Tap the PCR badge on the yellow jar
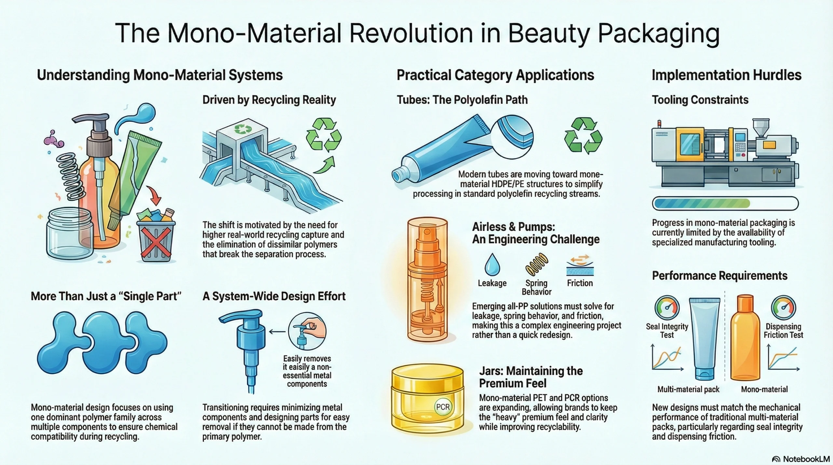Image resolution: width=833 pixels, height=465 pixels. tap(443, 407)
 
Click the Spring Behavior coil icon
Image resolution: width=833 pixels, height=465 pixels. tap(537, 265)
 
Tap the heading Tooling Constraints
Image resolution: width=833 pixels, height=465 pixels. tap(700, 100)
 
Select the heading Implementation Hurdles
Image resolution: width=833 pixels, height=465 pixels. tap(726, 75)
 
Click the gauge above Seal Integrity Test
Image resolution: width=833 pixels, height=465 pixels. tap(667, 308)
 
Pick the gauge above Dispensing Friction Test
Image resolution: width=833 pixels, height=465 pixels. tap(784, 308)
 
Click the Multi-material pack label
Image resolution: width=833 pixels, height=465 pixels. tap(688, 389)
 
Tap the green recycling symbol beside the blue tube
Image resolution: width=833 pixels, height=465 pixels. tap(583, 136)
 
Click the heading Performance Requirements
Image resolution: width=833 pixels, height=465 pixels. tap(720, 276)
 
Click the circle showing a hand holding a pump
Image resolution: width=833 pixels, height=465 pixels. tap(307, 331)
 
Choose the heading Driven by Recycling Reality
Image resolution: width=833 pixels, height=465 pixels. tap(269, 100)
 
